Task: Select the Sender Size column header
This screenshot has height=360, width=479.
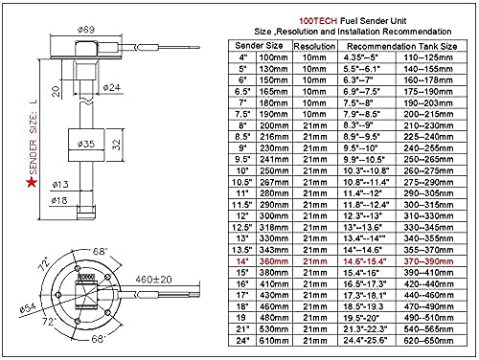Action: pos(252,44)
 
